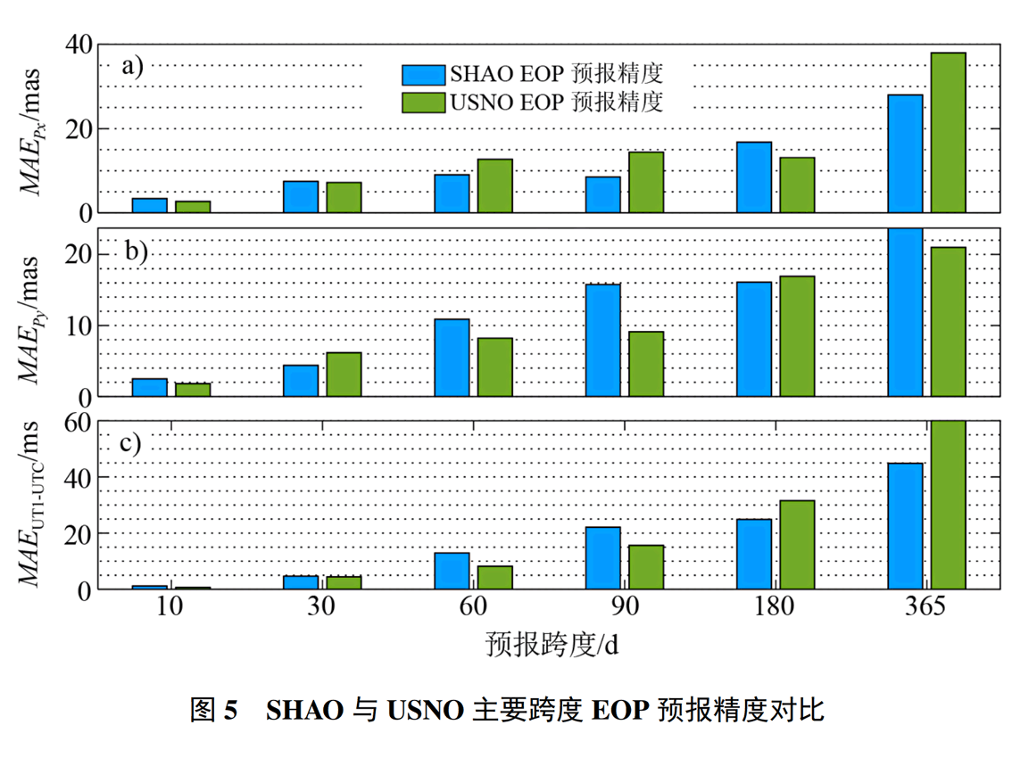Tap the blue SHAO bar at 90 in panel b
point(602,340)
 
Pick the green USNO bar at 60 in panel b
point(495,367)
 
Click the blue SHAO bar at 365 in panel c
point(905,526)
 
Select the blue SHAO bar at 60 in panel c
point(452,571)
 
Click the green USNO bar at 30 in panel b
point(344,374)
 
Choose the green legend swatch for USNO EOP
point(423,102)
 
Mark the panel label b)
point(136,251)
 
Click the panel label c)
point(131,443)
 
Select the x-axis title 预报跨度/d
point(552,644)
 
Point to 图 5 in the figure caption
point(214,711)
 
